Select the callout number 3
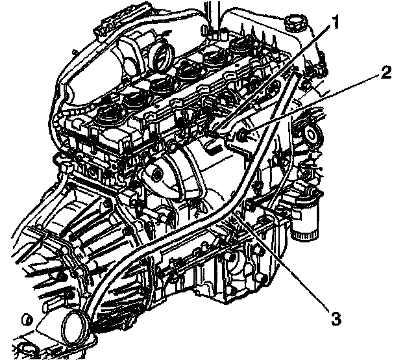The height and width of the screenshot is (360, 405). point(335,318)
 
